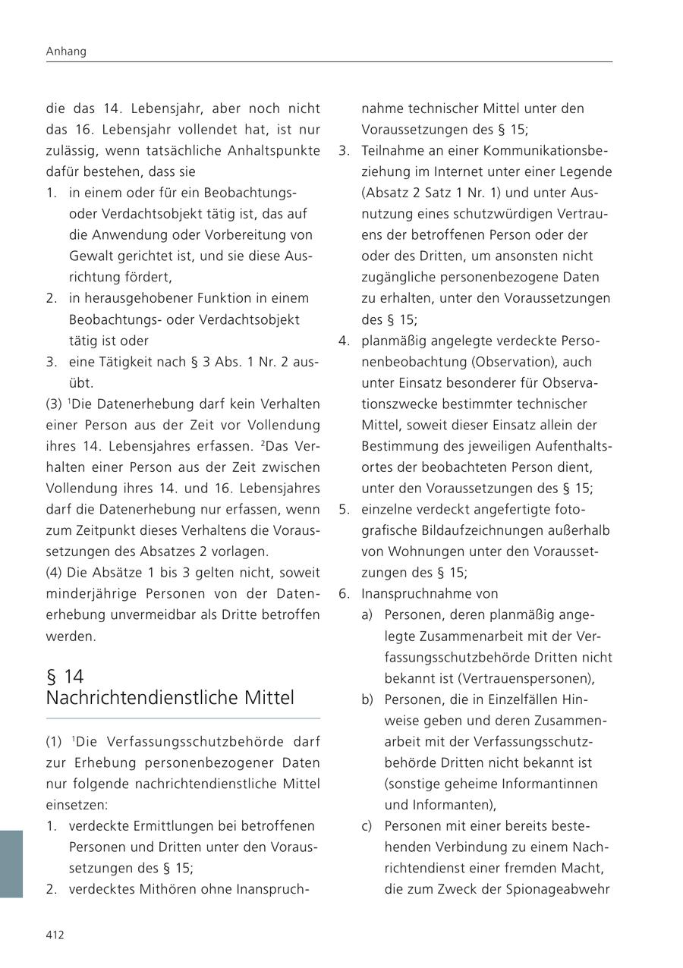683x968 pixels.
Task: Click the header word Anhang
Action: [66, 52]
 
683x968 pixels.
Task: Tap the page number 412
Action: [55, 935]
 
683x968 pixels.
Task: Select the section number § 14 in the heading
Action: [65, 676]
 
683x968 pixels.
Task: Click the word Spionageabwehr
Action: [558, 888]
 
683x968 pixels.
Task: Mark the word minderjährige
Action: [85, 593]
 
